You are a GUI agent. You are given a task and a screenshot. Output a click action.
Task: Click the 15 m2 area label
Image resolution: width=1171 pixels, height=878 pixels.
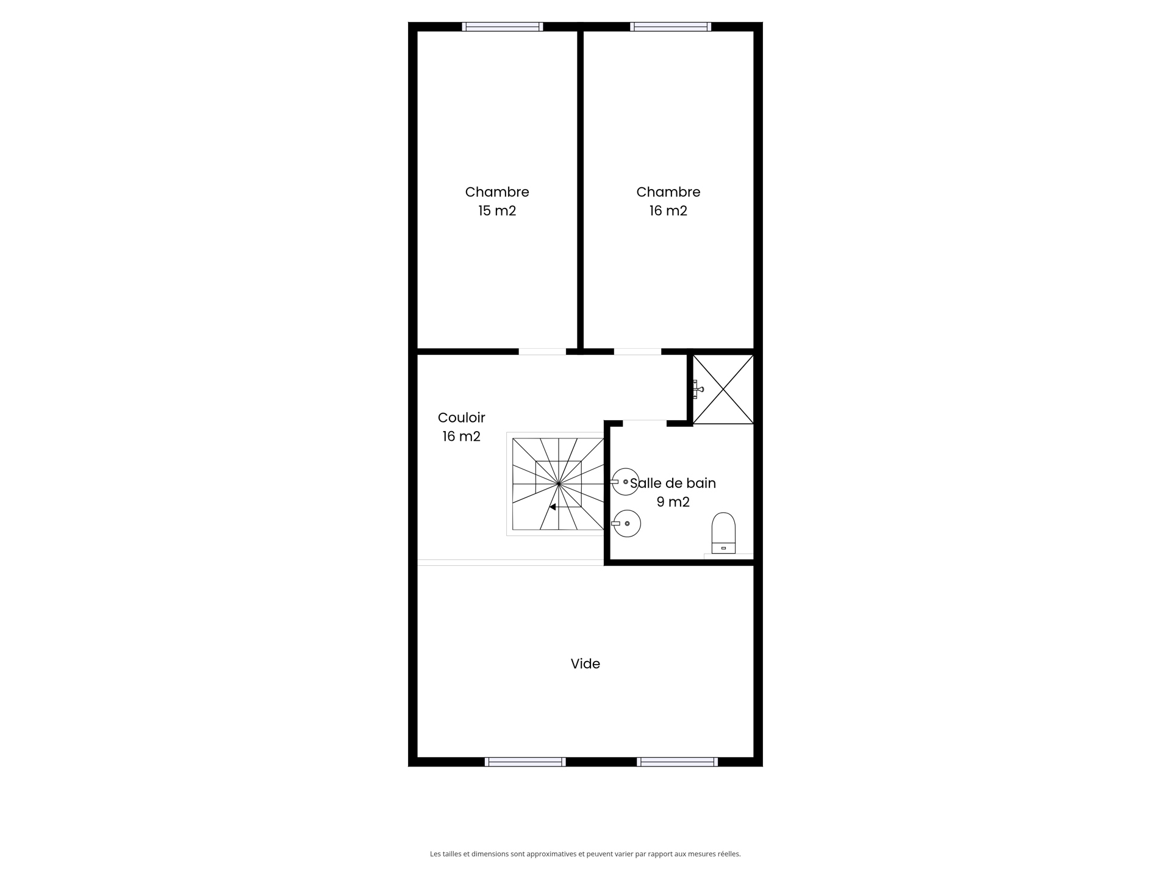click(x=497, y=211)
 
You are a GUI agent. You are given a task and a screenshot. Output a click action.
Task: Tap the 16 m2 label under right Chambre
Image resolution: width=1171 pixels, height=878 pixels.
click(x=668, y=211)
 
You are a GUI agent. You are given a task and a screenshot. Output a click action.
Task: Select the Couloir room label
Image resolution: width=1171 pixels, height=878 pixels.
click(x=461, y=418)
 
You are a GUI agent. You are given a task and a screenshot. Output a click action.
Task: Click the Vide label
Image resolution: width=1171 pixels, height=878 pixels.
click(x=585, y=663)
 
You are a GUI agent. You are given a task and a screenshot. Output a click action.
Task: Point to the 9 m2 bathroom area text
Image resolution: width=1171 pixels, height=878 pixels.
click(x=673, y=502)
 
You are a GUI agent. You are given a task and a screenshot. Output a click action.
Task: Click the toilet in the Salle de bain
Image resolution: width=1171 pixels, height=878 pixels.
click(x=723, y=533)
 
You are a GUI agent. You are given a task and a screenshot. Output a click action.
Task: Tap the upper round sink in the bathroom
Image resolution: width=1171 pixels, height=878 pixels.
click(x=626, y=482)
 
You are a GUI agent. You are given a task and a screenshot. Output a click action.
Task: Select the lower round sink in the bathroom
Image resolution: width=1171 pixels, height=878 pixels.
click(x=627, y=523)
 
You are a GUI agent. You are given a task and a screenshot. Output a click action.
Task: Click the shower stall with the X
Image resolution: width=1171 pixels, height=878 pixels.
click(x=723, y=389)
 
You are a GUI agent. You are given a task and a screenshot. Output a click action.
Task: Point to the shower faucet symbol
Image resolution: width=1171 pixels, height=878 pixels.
click(x=697, y=389)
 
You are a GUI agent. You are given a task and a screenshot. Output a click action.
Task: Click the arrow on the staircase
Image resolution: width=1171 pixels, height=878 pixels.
click(x=553, y=507)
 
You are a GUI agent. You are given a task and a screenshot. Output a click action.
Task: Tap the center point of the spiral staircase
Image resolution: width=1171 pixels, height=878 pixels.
click(x=558, y=484)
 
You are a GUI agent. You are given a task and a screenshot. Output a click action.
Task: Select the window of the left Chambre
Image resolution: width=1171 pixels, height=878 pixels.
click(x=502, y=27)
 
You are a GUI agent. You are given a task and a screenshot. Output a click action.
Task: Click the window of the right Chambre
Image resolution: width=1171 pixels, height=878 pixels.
click(x=670, y=27)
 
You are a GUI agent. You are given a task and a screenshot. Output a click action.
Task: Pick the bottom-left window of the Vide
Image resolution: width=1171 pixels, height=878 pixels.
click(x=525, y=762)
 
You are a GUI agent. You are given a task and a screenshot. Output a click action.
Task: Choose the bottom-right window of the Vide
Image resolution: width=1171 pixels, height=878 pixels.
click(x=677, y=762)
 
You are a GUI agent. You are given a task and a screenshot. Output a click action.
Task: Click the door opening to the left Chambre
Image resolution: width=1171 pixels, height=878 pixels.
click(x=542, y=352)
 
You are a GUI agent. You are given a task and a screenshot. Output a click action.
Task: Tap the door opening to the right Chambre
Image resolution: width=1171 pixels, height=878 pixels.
click(x=637, y=352)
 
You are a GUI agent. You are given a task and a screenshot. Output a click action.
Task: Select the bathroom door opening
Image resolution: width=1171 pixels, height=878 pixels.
click(x=644, y=423)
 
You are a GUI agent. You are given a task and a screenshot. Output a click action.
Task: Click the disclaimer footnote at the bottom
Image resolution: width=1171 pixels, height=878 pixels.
click(x=585, y=854)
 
